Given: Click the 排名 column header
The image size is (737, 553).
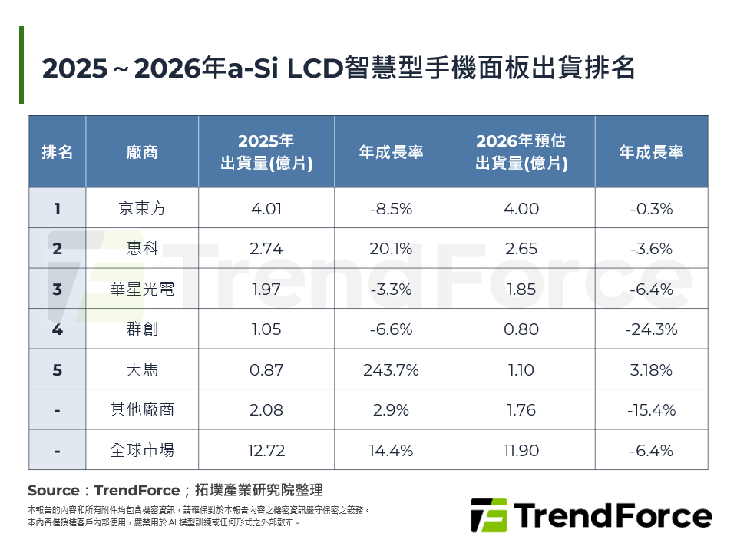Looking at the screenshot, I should [58, 152].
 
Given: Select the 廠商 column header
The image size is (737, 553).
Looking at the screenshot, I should [142, 152].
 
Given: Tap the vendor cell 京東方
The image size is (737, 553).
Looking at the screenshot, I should [142, 209].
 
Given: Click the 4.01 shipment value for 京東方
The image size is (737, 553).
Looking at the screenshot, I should [266, 209].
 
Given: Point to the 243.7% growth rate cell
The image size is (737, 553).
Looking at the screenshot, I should [390, 370].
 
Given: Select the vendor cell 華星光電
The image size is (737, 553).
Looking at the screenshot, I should [142, 290].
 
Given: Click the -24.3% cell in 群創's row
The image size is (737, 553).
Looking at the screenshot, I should [651, 329].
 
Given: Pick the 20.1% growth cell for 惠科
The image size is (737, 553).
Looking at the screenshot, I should [390, 249].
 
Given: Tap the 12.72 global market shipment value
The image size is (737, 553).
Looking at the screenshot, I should [266, 450].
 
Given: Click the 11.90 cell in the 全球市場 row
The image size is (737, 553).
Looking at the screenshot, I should [521, 450].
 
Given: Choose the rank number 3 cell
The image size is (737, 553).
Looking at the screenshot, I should [58, 290].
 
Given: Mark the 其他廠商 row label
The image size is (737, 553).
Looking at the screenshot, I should [142, 410].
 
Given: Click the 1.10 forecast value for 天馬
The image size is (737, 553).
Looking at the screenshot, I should [521, 370].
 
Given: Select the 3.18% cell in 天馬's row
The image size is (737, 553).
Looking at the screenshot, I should [651, 370].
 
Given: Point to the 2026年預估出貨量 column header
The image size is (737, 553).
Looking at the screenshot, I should [521, 152].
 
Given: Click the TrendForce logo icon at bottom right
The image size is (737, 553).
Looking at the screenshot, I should [488, 515].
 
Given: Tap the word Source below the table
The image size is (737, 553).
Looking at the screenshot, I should [53, 491].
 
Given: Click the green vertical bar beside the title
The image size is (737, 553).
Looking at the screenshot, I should [21, 65].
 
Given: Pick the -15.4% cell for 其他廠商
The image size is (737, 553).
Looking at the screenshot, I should [651, 410].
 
